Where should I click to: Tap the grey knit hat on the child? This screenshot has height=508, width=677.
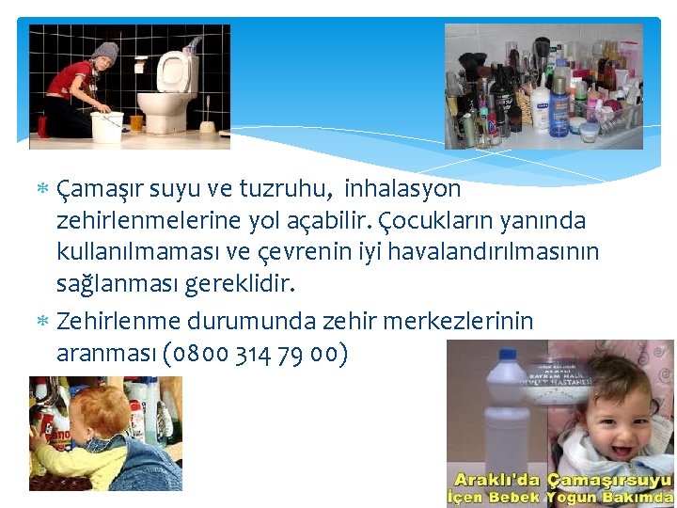[104, 51]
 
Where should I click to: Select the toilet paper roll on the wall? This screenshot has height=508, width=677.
[140, 66]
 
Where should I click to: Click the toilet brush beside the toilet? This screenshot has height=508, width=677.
[209, 122]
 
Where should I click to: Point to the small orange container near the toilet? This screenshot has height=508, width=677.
[136, 121]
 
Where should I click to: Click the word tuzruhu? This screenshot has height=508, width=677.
[280, 189]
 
